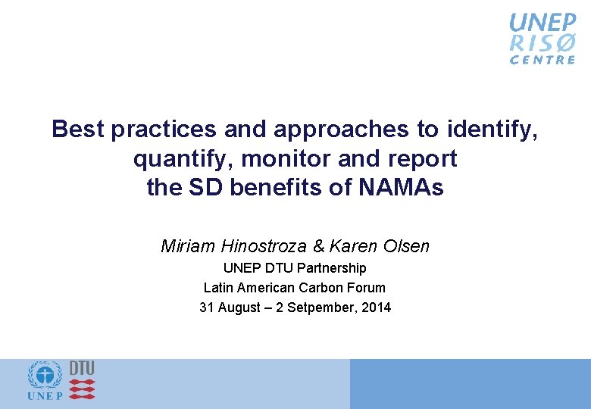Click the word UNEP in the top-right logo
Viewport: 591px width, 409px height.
pos(542,22)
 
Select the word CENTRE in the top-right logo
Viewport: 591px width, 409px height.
pos(542,61)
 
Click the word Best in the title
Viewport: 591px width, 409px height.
pos(78,130)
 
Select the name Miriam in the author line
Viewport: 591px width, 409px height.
pos(187,246)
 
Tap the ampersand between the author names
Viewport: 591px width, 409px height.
pos(318,246)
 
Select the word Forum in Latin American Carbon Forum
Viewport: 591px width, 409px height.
pos(367,288)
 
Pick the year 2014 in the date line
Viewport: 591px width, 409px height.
pos(377,308)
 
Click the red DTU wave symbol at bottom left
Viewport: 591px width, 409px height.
pos(82,388)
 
